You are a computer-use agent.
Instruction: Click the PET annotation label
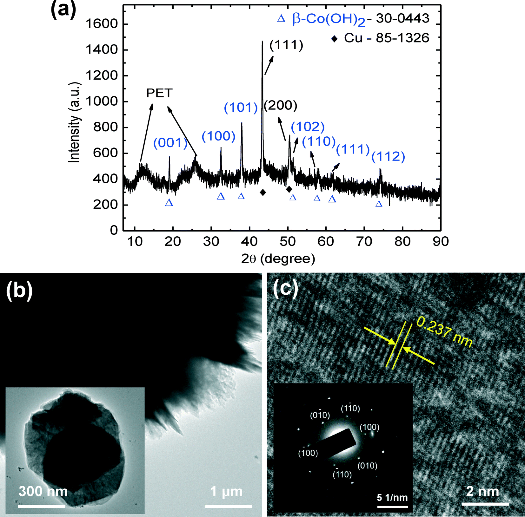159,93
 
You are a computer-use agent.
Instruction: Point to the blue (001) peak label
170,143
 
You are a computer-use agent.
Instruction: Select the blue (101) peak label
241,108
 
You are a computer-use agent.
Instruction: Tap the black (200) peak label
281,106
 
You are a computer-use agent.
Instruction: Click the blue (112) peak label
388,157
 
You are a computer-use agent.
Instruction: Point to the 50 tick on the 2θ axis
288,242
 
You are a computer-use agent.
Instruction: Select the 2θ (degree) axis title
278,259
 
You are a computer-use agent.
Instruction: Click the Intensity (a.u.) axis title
75,122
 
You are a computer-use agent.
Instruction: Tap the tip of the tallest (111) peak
262,42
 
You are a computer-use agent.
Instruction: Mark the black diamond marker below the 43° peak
263,193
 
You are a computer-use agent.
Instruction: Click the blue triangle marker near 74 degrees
379,204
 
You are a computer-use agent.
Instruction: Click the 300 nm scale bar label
43,491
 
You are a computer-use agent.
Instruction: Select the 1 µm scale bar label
226,491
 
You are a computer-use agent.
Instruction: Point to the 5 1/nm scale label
392,497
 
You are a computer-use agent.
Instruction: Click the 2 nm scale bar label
482,491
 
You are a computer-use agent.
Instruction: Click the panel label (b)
19,290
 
